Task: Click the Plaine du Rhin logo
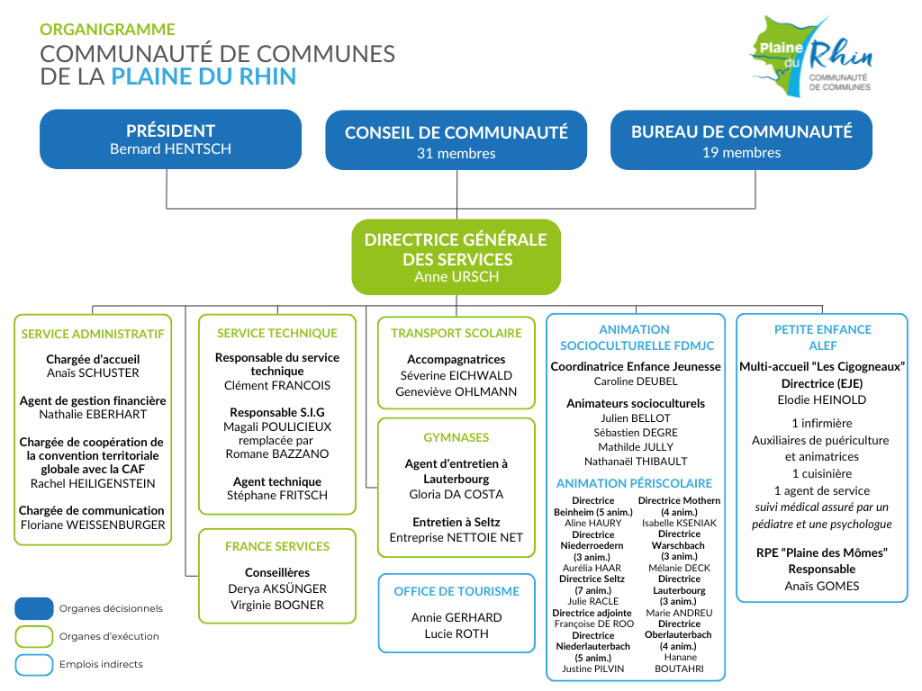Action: pos(810,57)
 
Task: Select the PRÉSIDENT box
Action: pos(170,139)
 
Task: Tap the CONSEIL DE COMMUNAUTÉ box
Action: pos(456,140)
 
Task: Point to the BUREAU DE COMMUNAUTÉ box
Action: pos(742,140)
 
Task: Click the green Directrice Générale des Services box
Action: pos(456,257)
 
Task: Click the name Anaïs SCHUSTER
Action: pos(93,373)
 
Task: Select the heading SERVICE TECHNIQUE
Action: pos(277,333)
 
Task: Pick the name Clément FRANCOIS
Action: pos(277,386)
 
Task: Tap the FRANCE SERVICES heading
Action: pos(277,546)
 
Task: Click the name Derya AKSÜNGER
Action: pos(277,588)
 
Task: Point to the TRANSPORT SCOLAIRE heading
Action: pos(456,333)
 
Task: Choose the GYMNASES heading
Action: pos(456,438)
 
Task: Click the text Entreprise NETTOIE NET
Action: pos(456,538)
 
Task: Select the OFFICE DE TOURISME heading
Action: pos(456,592)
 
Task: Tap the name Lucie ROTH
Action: pos(456,634)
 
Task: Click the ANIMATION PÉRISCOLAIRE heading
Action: pos(635,483)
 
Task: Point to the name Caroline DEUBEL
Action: pos(636,381)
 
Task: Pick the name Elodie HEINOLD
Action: pos(822,400)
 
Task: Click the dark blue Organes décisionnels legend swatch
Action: pos(34,609)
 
